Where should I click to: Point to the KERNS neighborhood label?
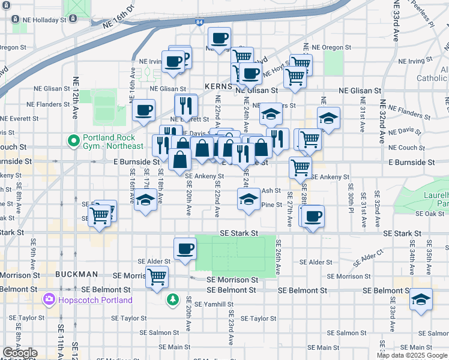coord(217,86)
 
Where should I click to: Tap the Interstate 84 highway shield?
coord(199,22)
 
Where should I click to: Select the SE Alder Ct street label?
coord(368,259)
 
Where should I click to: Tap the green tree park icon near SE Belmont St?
coord(173,299)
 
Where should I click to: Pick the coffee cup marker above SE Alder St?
coord(185,248)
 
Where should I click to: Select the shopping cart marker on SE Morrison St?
coord(157,278)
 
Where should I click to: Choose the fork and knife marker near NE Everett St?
coord(186,106)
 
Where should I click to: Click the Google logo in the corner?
coord(20,353)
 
